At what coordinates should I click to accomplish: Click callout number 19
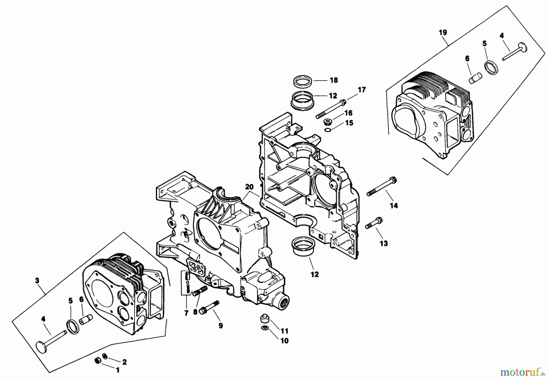(x=443, y=32)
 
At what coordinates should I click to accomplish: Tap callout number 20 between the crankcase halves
(x=249, y=187)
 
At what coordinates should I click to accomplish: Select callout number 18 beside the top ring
(x=334, y=80)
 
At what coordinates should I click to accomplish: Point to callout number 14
(x=394, y=206)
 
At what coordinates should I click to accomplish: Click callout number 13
(x=384, y=243)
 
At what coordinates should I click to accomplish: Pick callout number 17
(x=362, y=90)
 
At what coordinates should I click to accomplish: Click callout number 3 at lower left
(x=37, y=280)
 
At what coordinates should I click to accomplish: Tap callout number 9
(x=220, y=326)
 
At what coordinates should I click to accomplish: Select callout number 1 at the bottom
(x=118, y=370)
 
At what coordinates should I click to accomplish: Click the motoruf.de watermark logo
(x=523, y=372)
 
